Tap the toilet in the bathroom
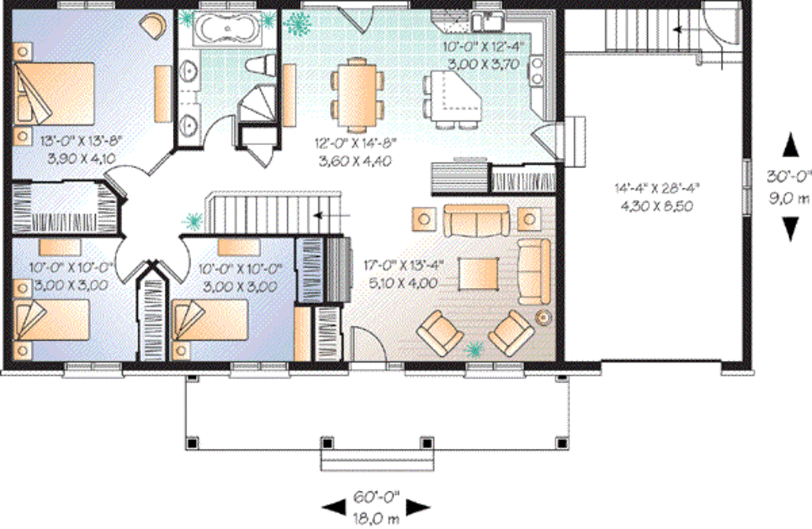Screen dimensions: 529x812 pyautogui.click(x=261, y=65)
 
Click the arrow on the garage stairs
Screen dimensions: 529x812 pyautogui.click(x=683, y=29)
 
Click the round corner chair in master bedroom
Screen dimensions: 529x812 pyautogui.click(x=152, y=25)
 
